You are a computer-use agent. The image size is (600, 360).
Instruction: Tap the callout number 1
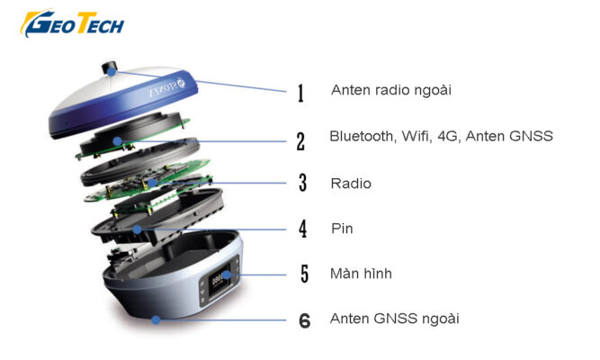point(300,92)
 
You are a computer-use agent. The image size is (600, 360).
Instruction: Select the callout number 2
point(300,139)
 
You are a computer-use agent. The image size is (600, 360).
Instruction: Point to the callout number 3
point(302,184)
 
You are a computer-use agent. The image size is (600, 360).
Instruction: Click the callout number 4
point(302,229)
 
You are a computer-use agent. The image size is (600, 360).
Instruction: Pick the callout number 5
point(302,274)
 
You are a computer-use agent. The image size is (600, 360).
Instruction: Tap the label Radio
point(351,183)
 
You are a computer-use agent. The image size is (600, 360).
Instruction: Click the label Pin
point(342,229)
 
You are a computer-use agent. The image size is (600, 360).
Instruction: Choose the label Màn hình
point(361,273)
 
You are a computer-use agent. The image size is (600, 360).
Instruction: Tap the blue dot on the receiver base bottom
point(156,319)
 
